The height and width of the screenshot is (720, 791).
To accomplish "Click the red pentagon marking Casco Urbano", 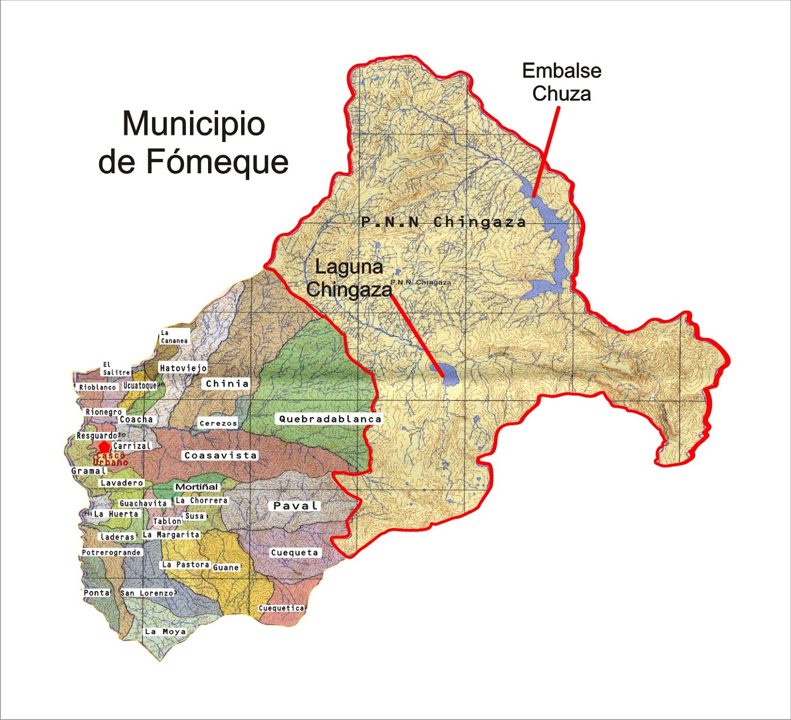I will [103, 447].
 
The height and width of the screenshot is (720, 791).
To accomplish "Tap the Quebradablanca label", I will [330, 419].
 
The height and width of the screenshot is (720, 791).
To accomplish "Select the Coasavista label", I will [220, 455].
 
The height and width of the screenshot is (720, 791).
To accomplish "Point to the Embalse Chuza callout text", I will [562, 82].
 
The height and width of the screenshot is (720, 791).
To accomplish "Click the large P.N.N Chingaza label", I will [443, 222].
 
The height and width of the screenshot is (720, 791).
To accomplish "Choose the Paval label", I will [296, 506].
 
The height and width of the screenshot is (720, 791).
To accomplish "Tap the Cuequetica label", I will [282, 608].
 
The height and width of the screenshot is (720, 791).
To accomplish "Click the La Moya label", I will [165, 631].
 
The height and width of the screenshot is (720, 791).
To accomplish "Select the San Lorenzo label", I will [147, 593].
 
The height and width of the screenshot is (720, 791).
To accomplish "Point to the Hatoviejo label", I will [183, 368].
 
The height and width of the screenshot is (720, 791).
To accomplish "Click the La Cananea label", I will [174, 336].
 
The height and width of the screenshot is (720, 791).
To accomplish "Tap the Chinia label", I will [227, 384].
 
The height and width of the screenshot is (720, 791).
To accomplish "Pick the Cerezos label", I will [218, 423].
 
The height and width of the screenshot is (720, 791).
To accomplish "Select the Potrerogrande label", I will [111, 552].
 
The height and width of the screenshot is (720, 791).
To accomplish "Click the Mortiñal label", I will [196, 487].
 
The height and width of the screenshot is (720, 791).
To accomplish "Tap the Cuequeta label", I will [295, 552].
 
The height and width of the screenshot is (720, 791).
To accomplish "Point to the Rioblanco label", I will [97, 387].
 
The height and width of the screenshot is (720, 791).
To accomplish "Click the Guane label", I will [226, 568].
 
